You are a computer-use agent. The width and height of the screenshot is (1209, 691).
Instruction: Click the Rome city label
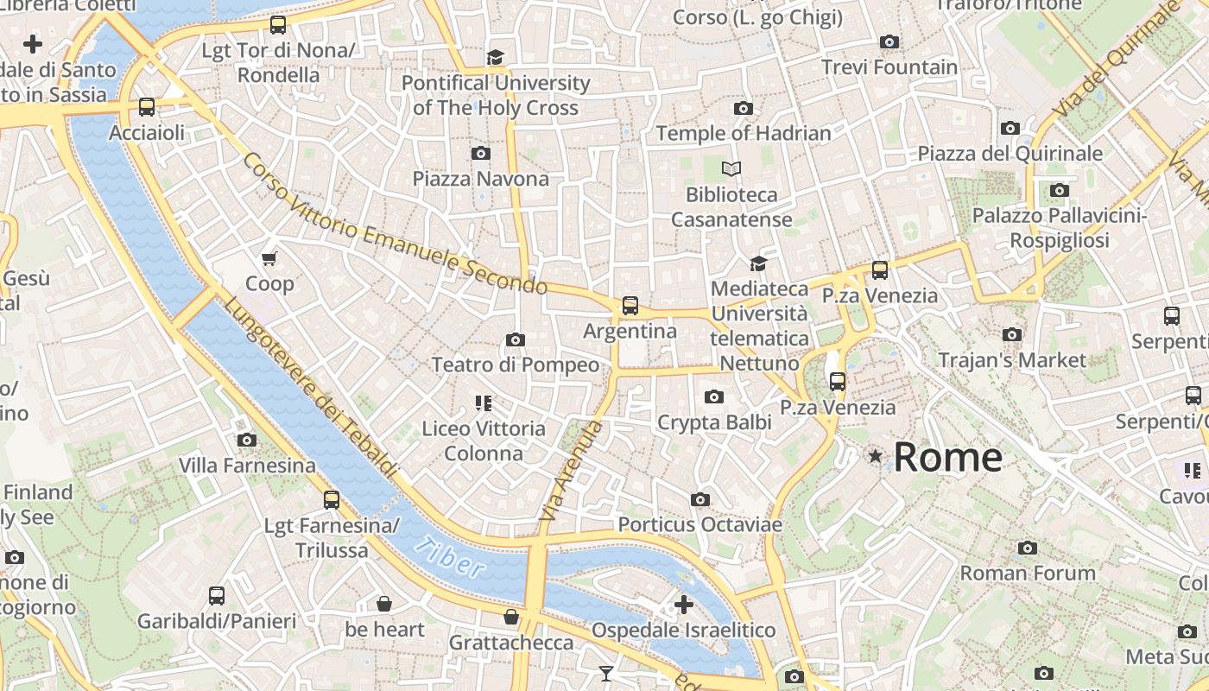[x=947, y=457]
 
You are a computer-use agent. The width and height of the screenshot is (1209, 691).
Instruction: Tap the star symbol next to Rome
[x=876, y=455]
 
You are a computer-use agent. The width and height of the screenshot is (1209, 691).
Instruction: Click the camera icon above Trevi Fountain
[x=889, y=41]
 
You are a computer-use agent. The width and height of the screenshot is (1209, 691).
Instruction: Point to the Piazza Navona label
[x=480, y=179]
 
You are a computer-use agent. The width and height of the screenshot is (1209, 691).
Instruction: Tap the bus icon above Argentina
[x=630, y=306]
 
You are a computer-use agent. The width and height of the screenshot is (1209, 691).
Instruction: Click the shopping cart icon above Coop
[x=269, y=258]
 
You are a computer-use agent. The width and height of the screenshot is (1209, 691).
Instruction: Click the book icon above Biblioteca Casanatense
[x=731, y=169]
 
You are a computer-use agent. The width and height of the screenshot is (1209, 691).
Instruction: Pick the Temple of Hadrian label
[x=744, y=133]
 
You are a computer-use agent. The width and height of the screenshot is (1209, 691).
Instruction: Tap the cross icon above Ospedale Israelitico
[x=683, y=605]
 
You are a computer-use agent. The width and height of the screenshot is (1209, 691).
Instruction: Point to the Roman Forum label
[x=1028, y=573]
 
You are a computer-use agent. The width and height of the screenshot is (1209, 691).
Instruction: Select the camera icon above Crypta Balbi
[x=713, y=397]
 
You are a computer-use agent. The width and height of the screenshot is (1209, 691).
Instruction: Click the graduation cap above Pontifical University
[x=495, y=58]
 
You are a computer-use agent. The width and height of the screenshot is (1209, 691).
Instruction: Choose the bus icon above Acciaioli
[x=147, y=108]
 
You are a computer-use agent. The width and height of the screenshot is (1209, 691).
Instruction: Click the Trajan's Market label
[x=1012, y=359]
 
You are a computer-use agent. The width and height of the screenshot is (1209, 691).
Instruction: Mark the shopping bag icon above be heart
[x=384, y=604]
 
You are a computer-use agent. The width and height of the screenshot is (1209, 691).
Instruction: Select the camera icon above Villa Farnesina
[x=246, y=441]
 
